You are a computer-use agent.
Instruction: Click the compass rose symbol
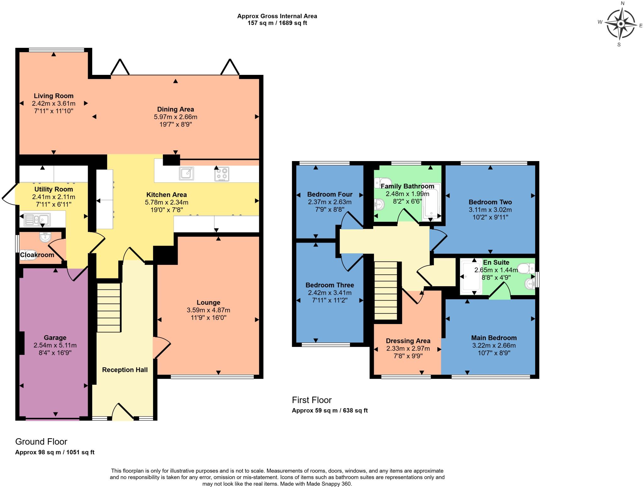(x=620, y=24)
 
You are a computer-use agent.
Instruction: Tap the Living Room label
(x=53, y=96)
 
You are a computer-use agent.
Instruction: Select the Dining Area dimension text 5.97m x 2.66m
(x=175, y=117)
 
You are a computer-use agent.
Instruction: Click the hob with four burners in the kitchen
(x=222, y=174)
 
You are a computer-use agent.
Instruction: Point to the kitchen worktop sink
(x=186, y=173)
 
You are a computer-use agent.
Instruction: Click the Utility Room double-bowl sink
(x=37, y=219)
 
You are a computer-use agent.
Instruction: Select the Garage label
(x=55, y=338)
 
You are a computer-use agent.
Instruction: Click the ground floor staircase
(x=109, y=307)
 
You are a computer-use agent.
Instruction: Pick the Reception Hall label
(x=125, y=370)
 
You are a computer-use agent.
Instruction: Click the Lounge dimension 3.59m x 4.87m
(x=208, y=310)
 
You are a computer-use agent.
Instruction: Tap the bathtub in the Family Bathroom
(x=431, y=200)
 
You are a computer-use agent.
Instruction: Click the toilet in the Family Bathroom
(x=383, y=182)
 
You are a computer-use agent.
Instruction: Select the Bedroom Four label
(x=330, y=194)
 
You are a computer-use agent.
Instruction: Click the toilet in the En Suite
(x=525, y=268)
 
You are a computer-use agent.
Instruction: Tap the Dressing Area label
(x=408, y=341)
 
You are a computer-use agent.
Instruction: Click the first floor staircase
(x=386, y=290)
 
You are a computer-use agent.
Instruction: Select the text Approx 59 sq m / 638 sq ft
(x=330, y=410)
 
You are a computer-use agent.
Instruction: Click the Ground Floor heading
(x=41, y=441)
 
